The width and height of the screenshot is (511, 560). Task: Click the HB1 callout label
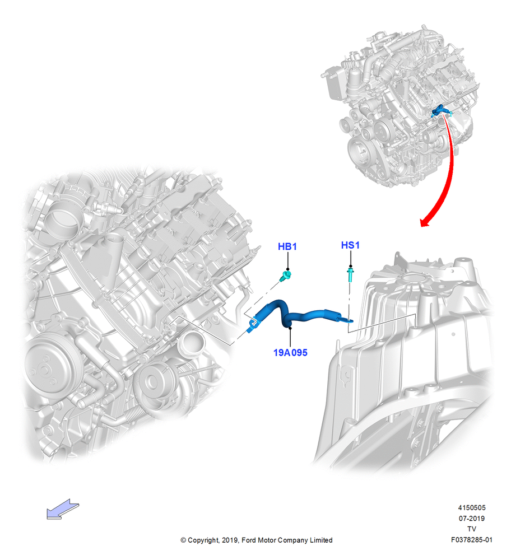point(287,246)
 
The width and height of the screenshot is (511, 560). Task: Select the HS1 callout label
point(350,245)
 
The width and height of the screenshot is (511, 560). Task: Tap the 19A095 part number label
point(290,352)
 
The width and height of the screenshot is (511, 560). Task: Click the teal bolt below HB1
point(286,276)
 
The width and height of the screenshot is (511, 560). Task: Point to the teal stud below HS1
point(350,276)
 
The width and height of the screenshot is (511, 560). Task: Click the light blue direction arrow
point(63,509)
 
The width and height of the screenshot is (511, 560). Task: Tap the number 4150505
point(472,507)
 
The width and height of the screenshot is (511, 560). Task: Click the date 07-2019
point(472,518)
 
